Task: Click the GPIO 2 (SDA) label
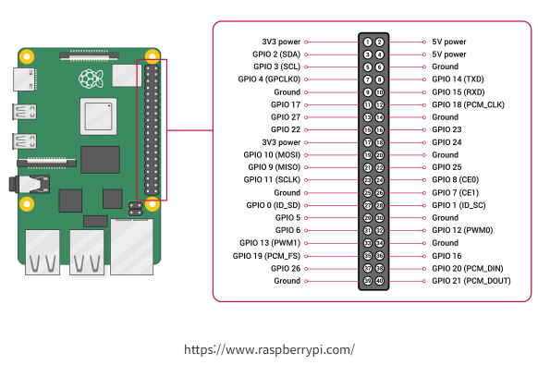pyautogui.click(x=276, y=55)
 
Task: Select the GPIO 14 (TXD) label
pyautogui.click(x=458, y=79)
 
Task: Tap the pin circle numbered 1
pyautogui.click(x=368, y=42)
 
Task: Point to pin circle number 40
pyautogui.click(x=379, y=281)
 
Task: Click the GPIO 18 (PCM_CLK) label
pyautogui.click(x=468, y=104)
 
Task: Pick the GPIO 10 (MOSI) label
pyautogui.click(x=272, y=154)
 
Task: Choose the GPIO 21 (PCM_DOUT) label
pyautogui.click(x=471, y=281)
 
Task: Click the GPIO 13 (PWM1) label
pyautogui.click(x=270, y=243)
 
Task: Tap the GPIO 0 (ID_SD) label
pyautogui.click(x=273, y=205)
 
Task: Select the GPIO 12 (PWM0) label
pyautogui.click(x=462, y=230)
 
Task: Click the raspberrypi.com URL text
pyautogui.click(x=269, y=349)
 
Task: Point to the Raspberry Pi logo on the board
pyautogui.click(x=91, y=79)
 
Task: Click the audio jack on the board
pyautogui.click(x=30, y=184)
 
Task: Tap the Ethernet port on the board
pyautogui.click(x=132, y=247)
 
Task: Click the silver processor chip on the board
pyautogui.click(x=99, y=116)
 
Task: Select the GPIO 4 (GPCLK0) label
pyautogui.click(x=269, y=79)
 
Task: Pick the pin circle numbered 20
pyautogui.click(x=379, y=155)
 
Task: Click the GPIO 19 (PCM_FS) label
pyautogui.click(x=266, y=256)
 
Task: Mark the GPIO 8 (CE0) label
pyautogui.click(x=455, y=180)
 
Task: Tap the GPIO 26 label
pyautogui.click(x=286, y=268)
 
